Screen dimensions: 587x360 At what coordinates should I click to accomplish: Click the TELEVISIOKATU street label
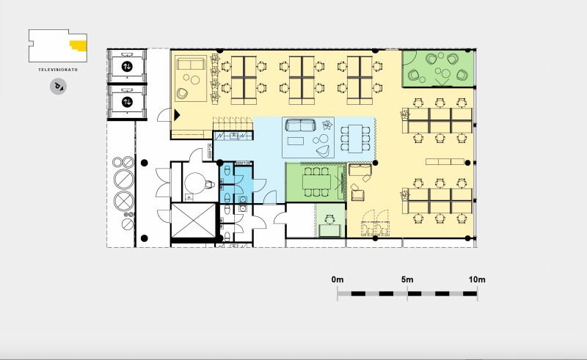[x=58, y=70]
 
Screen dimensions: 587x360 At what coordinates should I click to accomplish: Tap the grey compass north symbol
[x=59, y=87]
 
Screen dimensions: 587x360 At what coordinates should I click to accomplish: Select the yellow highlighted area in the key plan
[x=79, y=45]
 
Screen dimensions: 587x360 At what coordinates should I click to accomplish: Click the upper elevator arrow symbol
[x=127, y=67]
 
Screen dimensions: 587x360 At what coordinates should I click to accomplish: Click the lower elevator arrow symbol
[x=127, y=102]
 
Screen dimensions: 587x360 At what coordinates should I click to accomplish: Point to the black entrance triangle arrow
[x=177, y=115]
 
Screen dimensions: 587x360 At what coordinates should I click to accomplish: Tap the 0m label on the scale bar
[x=338, y=279]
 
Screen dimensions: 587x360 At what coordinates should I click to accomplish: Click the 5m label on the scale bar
[x=407, y=279]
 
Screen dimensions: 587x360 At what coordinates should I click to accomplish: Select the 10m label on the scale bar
[x=477, y=279]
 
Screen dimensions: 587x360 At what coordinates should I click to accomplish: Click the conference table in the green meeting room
[x=317, y=183]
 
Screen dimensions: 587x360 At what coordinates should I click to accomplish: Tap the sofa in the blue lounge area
[x=301, y=125]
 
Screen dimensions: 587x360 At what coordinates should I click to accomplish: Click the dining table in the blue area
[x=355, y=139]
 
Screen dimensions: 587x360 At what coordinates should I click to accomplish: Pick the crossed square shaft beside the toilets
[x=194, y=221]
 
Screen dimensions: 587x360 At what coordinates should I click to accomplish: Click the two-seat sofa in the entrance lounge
[x=191, y=64]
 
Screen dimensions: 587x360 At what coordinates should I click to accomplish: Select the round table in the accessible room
[x=195, y=183]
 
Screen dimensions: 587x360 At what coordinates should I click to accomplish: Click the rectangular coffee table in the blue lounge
[x=296, y=141]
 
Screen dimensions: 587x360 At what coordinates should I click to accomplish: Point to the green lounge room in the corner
[x=438, y=68]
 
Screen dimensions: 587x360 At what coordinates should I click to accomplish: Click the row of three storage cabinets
[x=445, y=161]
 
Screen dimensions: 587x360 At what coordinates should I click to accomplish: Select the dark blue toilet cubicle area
[x=244, y=179]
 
